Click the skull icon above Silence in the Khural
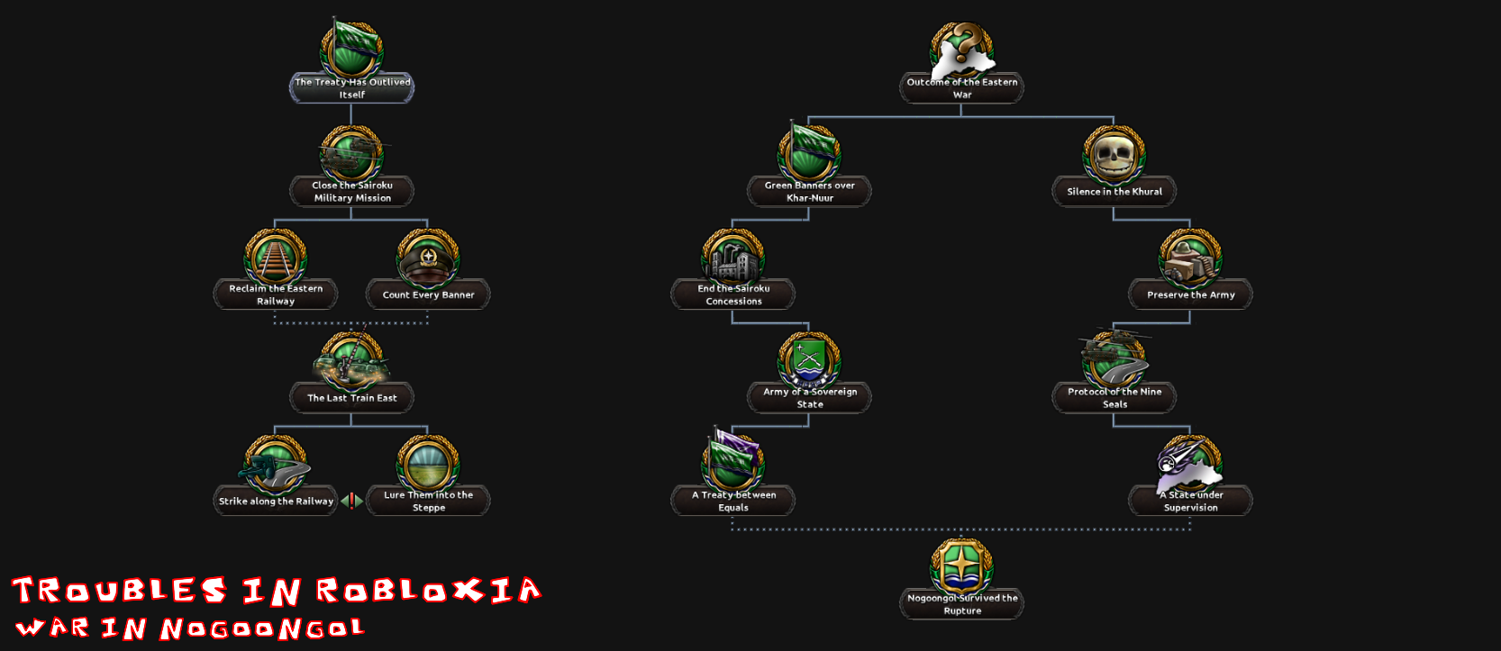tap(1114, 156)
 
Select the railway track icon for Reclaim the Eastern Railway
tap(276, 258)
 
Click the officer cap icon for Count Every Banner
tap(428, 260)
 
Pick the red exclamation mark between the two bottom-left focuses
tap(351, 501)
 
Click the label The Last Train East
tap(351, 398)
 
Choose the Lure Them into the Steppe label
tap(428, 501)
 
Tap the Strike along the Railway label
tap(276, 501)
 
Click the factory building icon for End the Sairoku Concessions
tap(733, 260)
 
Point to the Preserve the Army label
tap(1191, 294)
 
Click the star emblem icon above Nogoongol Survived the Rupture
tap(961, 566)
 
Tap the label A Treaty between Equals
tap(733, 501)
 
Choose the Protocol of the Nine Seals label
tap(1114, 398)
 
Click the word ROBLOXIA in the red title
tap(428, 591)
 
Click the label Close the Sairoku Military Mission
tap(351, 192)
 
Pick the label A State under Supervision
tap(1191, 501)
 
